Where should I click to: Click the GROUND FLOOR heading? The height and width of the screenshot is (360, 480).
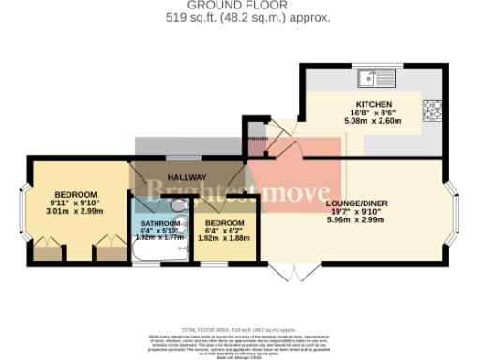[240, 5]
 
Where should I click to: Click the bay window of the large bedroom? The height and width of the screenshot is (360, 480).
[25, 217]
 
